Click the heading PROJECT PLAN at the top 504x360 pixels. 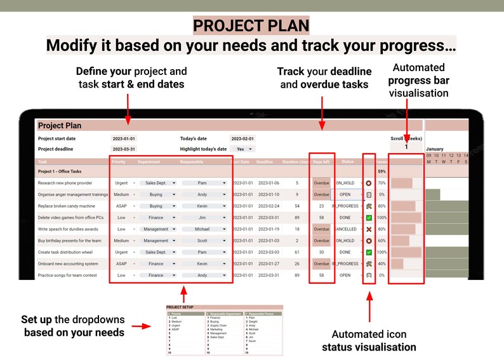pyautogui.click(x=251, y=25)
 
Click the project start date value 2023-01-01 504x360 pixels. pyautogui.click(x=124, y=138)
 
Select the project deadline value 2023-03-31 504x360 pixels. pyautogui.click(x=124, y=149)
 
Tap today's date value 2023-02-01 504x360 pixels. pyautogui.click(x=242, y=138)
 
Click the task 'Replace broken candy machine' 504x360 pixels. pyautogui.click(x=67, y=206)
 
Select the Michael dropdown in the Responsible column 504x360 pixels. pyautogui.click(x=204, y=229)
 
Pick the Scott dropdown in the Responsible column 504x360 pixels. pyautogui.click(x=204, y=241)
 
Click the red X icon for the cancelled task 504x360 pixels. pyautogui.click(x=369, y=229)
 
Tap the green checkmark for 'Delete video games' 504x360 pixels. pyautogui.click(x=369, y=218)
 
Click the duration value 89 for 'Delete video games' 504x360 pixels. pyautogui.click(x=297, y=218)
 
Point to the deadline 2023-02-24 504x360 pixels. pyautogui.click(x=269, y=206)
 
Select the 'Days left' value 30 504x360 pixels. pyautogui.click(x=322, y=252)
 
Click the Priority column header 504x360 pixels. pyautogui.click(x=119, y=162)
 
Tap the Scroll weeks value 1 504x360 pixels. pyautogui.click(x=406, y=147)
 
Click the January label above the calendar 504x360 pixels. pyautogui.click(x=435, y=149)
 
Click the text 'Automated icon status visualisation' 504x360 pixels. pyautogui.click(x=369, y=341)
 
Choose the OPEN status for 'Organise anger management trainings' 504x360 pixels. pyautogui.click(x=345, y=194)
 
